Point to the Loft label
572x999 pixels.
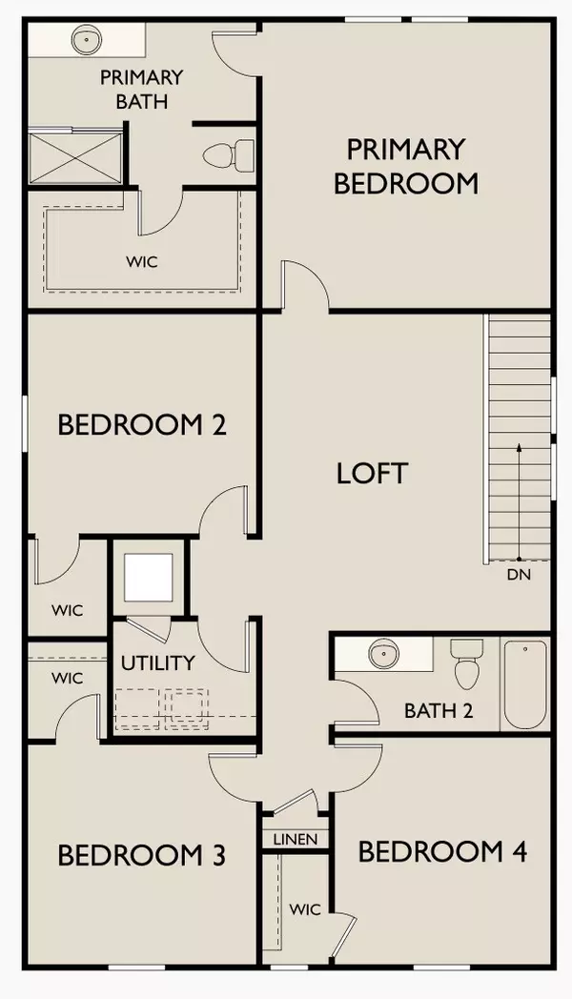(x=372, y=473)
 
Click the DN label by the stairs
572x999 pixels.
(x=519, y=575)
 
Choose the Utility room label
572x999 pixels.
(x=157, y=663)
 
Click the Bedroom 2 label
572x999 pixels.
(x=142, y=424)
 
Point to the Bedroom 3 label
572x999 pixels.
(x=142, y=855)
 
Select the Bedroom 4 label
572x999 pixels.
(x=442, y=851)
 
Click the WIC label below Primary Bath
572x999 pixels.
(x=144, y=258)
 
